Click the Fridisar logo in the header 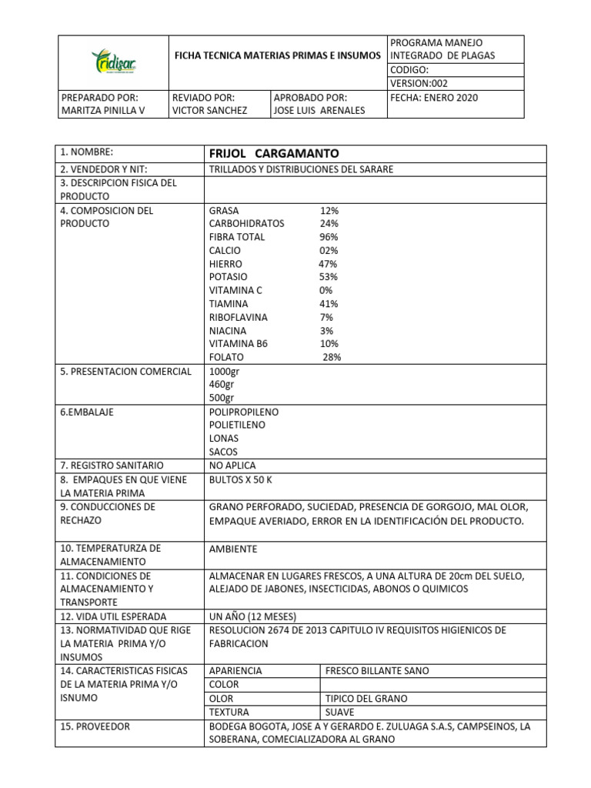point(113,62)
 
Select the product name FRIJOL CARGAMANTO point(262,153)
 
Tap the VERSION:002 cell point(419,82)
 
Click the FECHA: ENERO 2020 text point(434,98)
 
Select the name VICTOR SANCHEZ point(210,111)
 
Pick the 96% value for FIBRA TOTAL point(329,237)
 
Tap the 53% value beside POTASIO point(329,277)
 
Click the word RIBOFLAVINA point(239,317)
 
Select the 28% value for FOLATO point(332,357)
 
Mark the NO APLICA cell point(232,466)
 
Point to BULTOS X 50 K point(241,479)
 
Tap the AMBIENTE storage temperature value point(233,549)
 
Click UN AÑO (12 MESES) point(252,616)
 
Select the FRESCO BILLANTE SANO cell point(377,670)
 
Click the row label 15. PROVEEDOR point(95,726)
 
